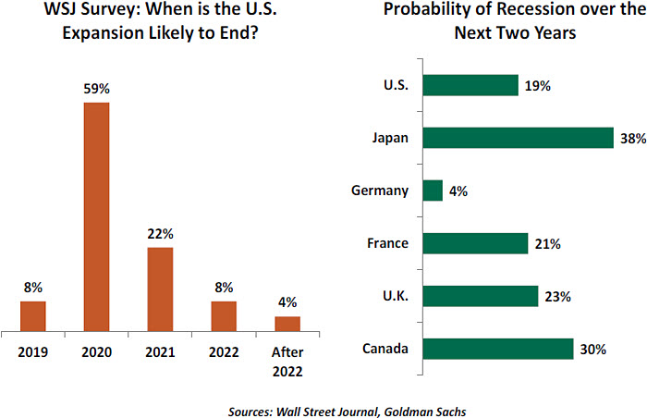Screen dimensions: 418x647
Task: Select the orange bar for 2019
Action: (33, 315)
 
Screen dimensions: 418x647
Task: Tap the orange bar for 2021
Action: (160, 289)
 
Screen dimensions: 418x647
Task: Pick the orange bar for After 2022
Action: (287, 323)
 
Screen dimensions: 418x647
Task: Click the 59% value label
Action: (96, 89)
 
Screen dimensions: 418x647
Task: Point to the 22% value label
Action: (160, 234)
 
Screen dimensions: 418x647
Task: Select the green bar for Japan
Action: (518, 138)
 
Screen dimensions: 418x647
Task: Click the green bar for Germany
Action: (433, 191)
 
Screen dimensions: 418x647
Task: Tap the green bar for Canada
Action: (498, 349)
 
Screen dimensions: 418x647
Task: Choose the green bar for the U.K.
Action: (480, 296)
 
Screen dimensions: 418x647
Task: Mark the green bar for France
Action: (474, 243)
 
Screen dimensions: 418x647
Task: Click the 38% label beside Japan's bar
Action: (633, 138)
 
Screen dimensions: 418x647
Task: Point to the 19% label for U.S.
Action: (537, 85)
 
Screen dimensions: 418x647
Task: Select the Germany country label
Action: (380, 191)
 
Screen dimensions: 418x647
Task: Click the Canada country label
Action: (387, 349)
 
